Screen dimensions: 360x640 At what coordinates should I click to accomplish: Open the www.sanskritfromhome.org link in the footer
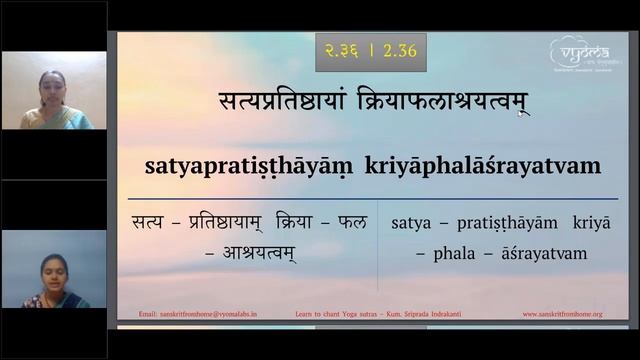point(562,314)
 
